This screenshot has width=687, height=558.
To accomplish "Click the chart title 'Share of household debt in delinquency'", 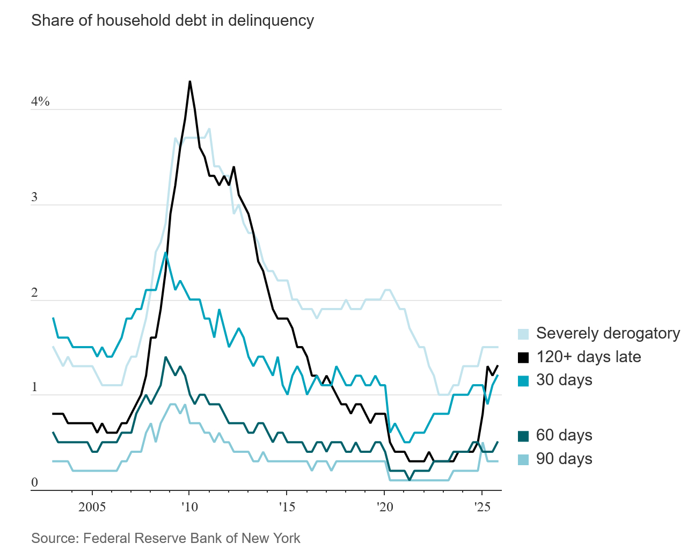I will coord(172,20).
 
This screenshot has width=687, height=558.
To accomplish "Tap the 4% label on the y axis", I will coord(40,101).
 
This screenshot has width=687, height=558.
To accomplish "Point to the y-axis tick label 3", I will coord(35,197).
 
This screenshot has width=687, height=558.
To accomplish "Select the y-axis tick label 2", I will coord(35,292).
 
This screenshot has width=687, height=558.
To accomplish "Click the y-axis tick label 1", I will coord(35,387).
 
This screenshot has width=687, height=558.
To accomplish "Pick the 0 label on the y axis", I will coord(35,482).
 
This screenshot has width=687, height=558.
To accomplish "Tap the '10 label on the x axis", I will coord(189,507).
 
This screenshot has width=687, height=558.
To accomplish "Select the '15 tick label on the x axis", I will coord(287,507).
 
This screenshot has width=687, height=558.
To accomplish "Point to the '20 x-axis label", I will coord(385,507).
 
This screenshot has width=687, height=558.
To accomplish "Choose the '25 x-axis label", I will coord(483,507).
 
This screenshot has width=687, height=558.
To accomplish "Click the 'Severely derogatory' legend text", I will coord(608,333).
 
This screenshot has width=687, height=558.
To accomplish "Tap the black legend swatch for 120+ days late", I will coord(523,357).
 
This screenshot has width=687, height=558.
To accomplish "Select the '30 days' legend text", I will coord(564,380).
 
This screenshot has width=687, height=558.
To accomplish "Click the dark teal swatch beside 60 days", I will coord(523,436).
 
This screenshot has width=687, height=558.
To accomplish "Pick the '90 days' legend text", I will coord(564,459).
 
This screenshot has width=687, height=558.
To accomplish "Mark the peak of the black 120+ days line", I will coord(190,82).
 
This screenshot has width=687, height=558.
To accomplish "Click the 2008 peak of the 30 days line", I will coord(166,253).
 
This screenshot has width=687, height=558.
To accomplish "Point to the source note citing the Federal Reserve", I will coord(166,538).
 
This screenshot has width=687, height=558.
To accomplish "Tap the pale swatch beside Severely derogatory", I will coord(523,334).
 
